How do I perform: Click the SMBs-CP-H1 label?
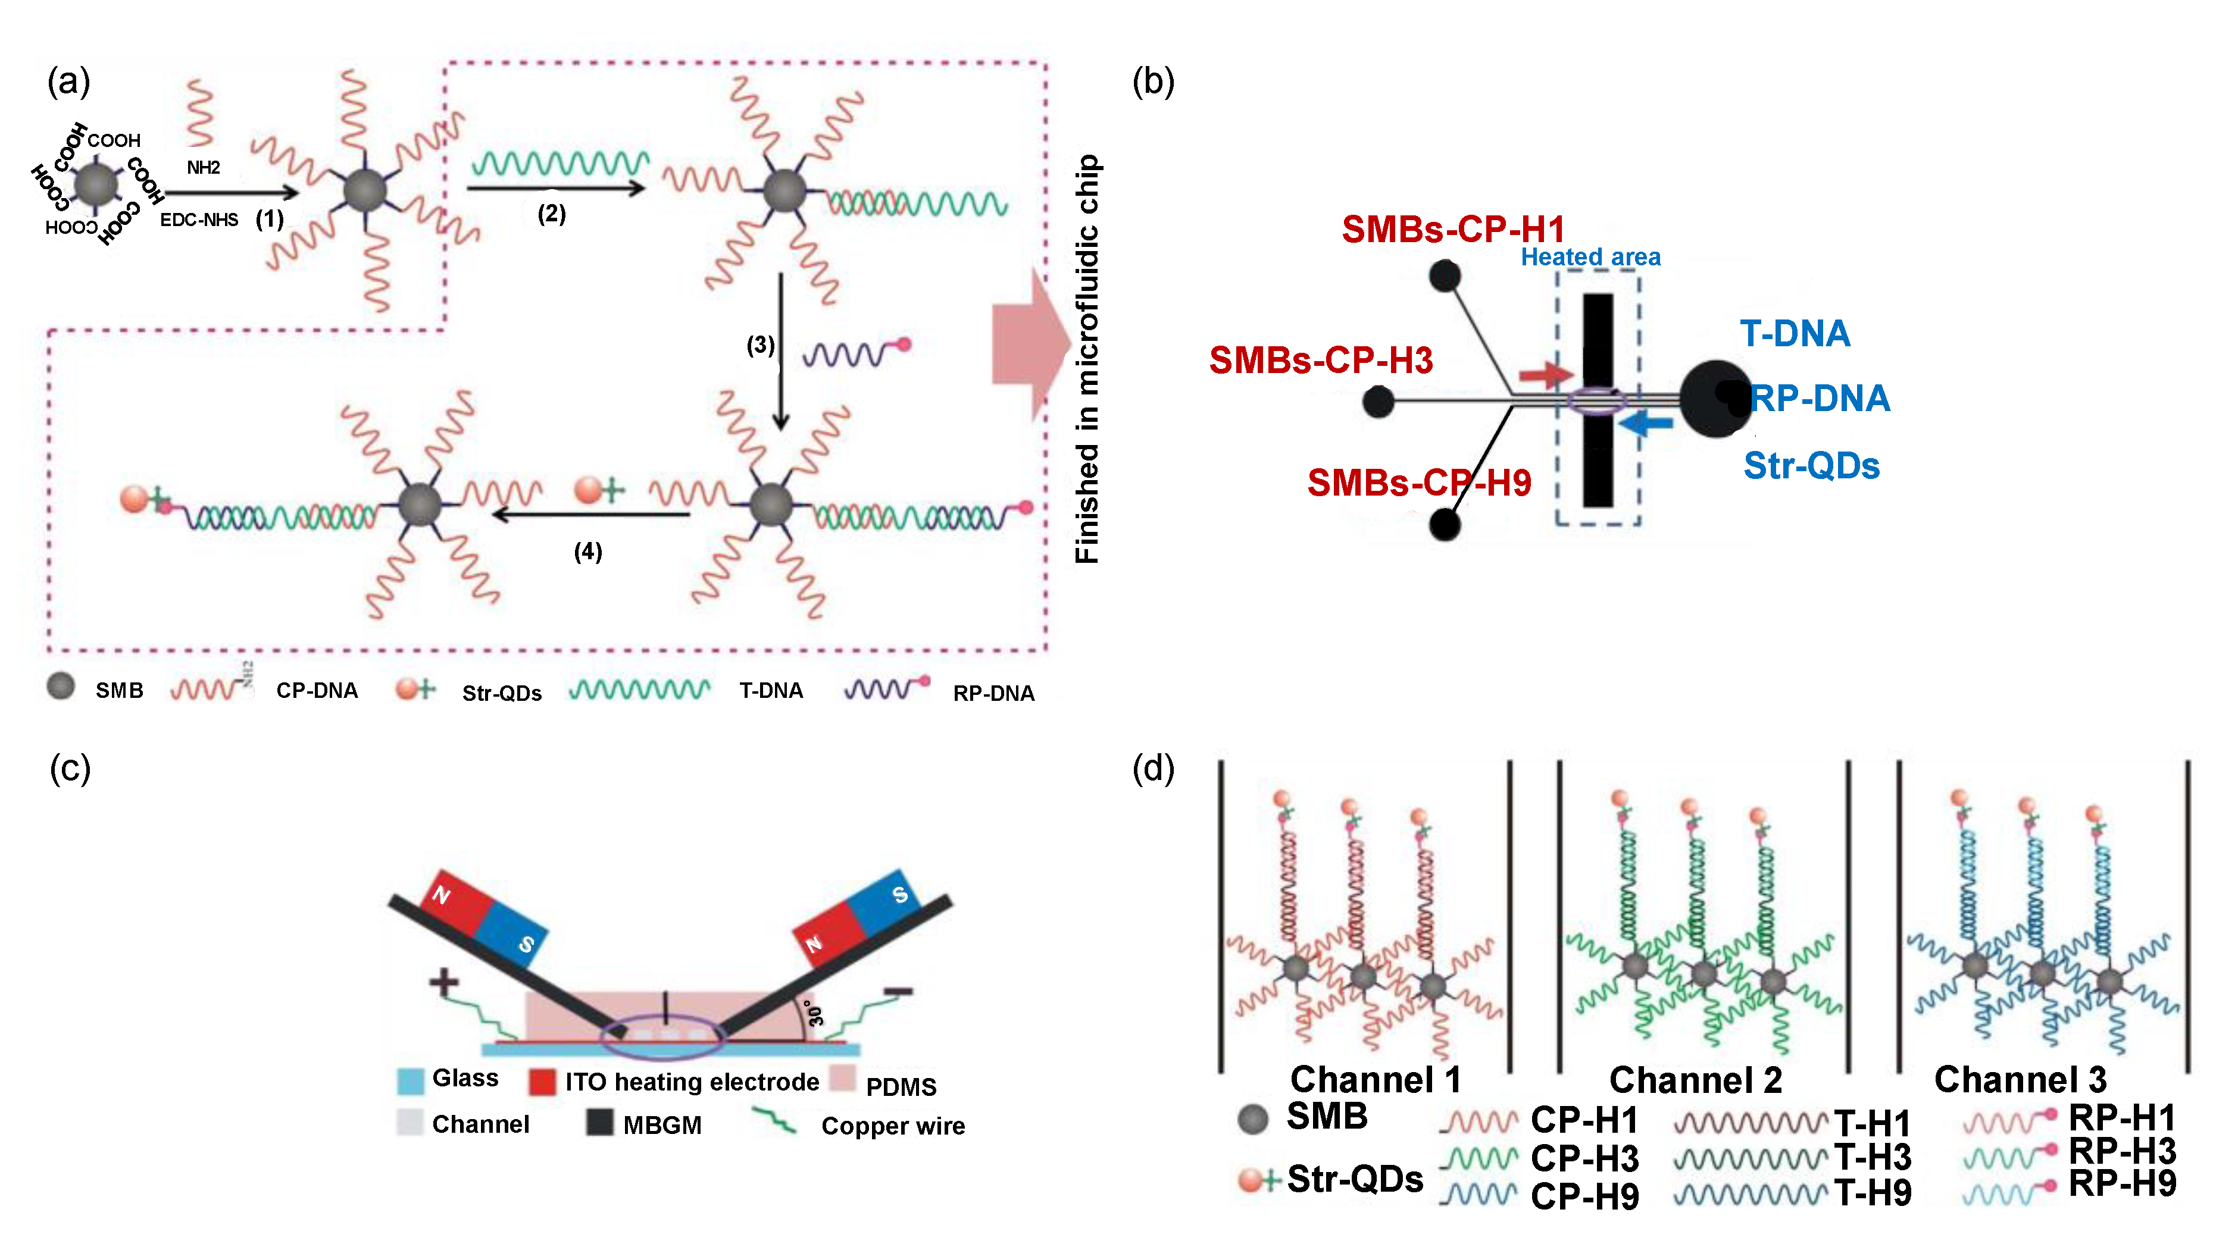[x=1452, y=229]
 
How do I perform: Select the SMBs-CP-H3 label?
[x=1321, y=361]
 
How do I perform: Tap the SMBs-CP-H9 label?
[x=1419, y=483]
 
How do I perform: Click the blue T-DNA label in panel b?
[x=1794, y=333]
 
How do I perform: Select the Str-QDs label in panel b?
[x=1811, y=466]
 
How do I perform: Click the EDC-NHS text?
[x=199, y=220]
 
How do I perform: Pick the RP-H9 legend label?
[x=2121, y=1183]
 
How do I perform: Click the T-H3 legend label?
[x=1872, y=1158]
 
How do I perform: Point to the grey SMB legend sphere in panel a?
[x=61, y=687]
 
